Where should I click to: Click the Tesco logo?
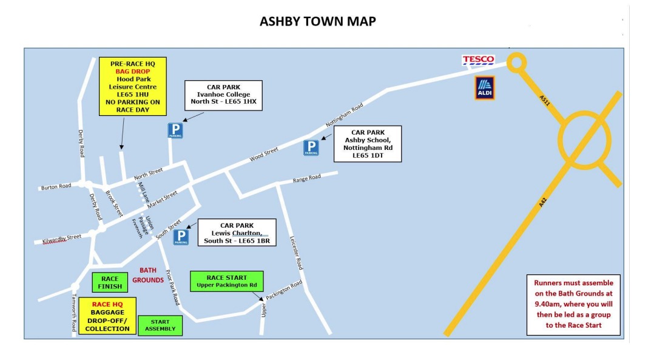(478, 60)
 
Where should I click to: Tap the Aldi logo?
(484, 88)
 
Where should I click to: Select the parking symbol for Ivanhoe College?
(175, 131)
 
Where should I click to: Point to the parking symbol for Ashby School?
(311, 148)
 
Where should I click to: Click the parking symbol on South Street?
(181, 237)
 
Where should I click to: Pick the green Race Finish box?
(110, 282)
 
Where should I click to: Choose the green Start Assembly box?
(160, 325)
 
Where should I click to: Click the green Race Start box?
(227, 281)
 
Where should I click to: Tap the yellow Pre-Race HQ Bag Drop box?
(133, 87)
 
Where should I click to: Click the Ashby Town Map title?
(317, 22)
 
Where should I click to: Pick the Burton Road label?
(56, 186)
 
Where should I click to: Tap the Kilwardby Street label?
(61, 239)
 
